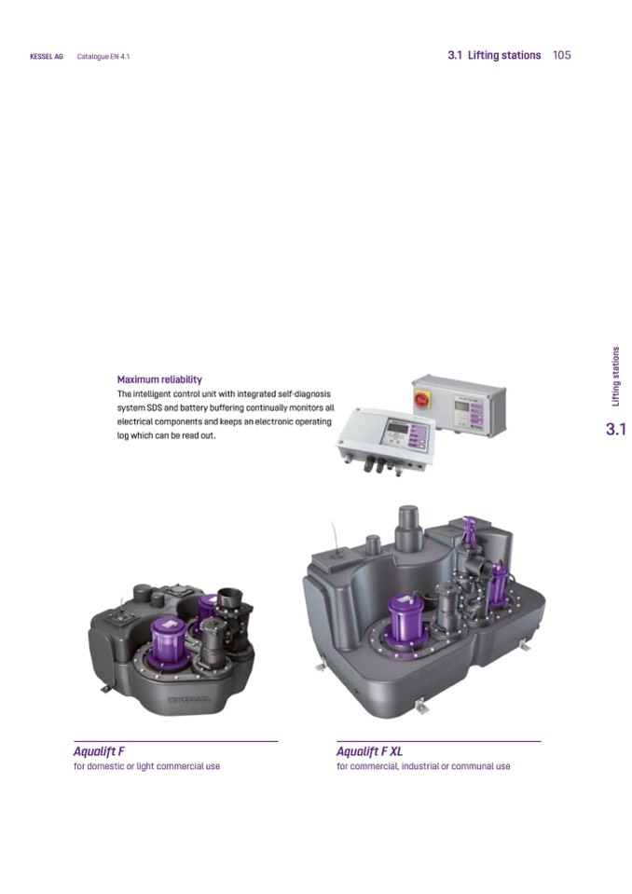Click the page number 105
tap(561, 55)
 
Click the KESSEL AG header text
tap(47, 57)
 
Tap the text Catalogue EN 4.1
tap(103, 57)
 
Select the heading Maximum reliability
tap(159, 379)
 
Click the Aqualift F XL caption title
tap(369, 751)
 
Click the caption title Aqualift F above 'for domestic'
tap(99, 751)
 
